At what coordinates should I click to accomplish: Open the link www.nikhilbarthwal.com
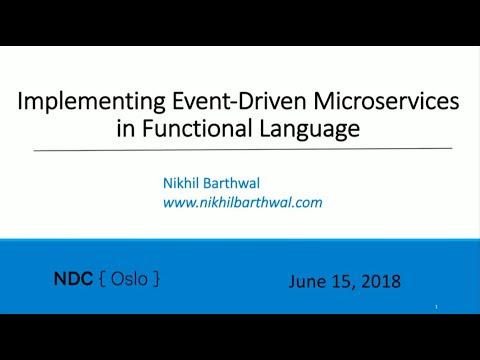pyautogui.click(x=243, y=201)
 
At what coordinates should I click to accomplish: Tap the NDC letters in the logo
pyautogui.click(x=71, y=279)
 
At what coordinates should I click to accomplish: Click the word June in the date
pyautogui.click(x=306, y=282)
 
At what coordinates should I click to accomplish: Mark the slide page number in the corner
pyautogui.click(x=437, y=306)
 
